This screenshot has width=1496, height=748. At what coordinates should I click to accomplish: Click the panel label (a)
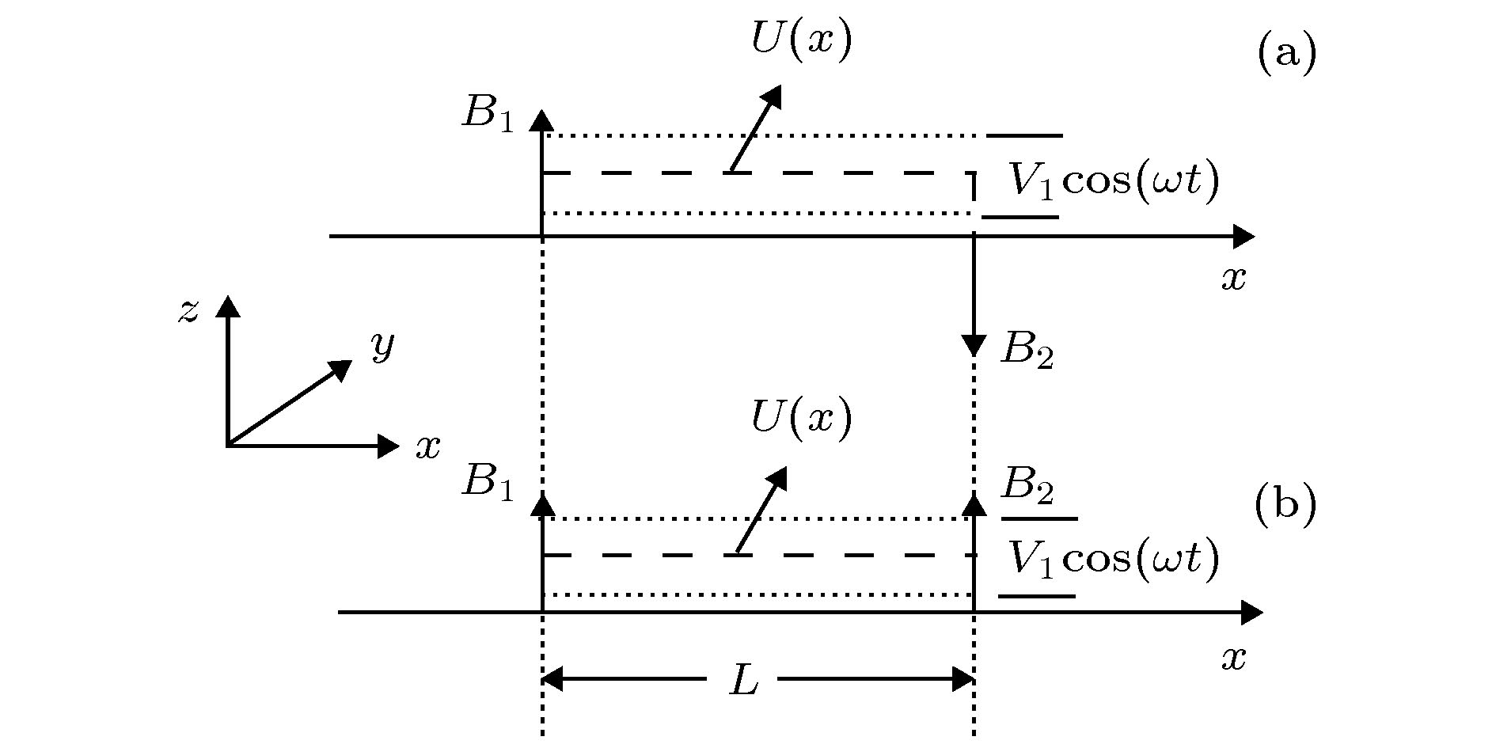(1286, 54)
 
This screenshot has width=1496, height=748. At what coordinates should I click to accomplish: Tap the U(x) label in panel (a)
(802, 40)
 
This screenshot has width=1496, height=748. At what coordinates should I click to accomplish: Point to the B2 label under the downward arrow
(1027, 350)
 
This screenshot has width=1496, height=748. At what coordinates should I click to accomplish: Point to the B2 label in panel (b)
(1027, 485)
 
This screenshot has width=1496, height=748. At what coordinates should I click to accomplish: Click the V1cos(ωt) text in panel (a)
(1113, 182)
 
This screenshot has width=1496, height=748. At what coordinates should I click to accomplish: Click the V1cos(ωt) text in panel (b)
(1113, 559)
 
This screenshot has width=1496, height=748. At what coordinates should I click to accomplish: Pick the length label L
(743, 680)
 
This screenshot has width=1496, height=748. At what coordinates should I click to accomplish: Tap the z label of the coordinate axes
(188, 311)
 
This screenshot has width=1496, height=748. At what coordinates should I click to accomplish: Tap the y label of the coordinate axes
(383, 345)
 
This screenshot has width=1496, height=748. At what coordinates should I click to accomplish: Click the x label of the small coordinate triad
(428, 447)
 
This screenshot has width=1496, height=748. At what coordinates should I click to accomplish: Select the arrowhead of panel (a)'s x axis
(1244, 236)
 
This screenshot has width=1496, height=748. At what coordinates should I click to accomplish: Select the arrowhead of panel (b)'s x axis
(1252, 612)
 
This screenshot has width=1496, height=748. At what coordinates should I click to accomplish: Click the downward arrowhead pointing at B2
(974, 346)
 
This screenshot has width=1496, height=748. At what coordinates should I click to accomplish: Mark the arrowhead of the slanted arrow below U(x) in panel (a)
(770, 96)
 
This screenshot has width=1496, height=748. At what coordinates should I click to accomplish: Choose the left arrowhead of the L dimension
(552, 679)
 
